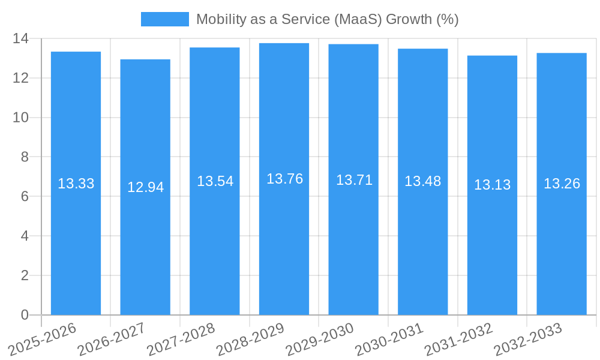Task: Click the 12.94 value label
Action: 145,187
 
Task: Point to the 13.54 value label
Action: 215,181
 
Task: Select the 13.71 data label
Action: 354,180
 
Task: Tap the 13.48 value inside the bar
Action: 422,181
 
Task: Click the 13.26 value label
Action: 562,184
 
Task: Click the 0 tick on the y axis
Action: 25,315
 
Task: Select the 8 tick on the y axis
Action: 25,157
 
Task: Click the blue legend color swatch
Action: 164,19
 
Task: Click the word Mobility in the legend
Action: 219,19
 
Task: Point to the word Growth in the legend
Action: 408,19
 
